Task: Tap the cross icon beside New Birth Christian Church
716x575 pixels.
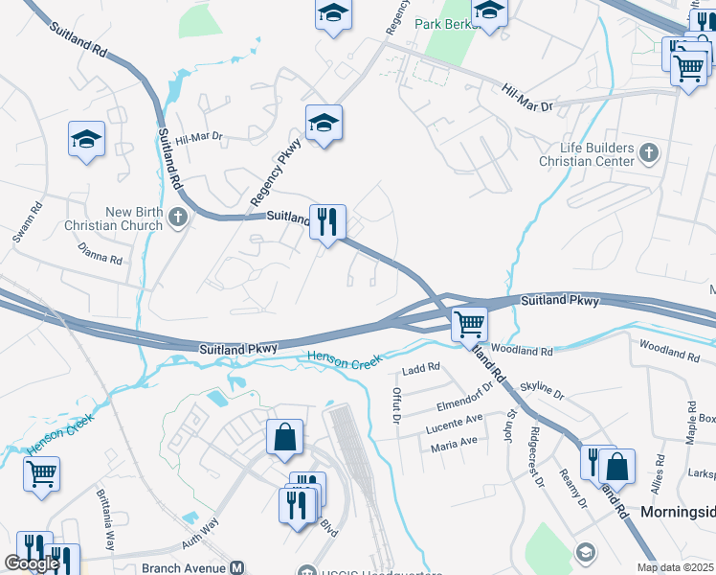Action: click(x=177, y=218)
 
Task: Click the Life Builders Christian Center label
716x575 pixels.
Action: click(x=598, y=154)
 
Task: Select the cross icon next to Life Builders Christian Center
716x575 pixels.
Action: click(x=650, y=152)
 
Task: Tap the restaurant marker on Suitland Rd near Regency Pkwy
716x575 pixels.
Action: click(x=327, y=222)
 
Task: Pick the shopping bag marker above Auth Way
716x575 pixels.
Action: click(x=285, y=438)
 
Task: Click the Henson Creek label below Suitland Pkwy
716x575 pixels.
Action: click(x=344, y=359)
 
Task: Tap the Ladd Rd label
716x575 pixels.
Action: click(x=420, y=367)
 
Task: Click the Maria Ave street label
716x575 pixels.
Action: click(x=454, y=442)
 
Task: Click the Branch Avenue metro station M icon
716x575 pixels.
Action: click(x=235, y=567)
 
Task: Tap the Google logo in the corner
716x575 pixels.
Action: click(x=32, y=563)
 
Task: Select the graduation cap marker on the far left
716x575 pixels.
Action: click(x=86, y=140)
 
